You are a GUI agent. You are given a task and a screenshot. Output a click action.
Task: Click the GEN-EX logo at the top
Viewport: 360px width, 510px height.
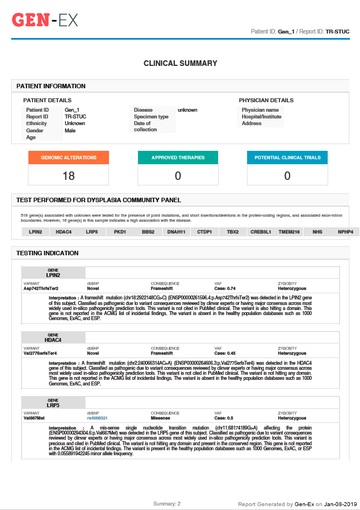[45, 21]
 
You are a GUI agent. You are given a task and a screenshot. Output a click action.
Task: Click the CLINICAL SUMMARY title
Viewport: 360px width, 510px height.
[180, 64]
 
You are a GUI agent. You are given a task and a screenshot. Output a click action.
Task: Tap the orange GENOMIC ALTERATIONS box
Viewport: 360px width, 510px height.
[69, 158]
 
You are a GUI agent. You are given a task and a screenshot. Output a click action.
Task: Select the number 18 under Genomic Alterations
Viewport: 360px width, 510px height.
[69, 176]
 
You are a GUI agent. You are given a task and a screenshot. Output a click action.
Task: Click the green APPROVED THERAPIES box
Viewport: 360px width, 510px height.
[178, 158]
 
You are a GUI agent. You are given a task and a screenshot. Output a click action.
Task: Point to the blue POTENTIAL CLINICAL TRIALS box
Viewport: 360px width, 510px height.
[287, 158]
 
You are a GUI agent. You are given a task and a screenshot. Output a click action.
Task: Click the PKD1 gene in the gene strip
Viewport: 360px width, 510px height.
[120, 232]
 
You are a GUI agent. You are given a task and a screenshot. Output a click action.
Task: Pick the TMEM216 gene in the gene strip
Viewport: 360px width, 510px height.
[289, 232]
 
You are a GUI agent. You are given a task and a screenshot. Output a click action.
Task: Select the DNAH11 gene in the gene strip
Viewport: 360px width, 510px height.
[176, 232]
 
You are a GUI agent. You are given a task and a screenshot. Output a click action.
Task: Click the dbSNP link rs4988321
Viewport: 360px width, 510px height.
[97, 418]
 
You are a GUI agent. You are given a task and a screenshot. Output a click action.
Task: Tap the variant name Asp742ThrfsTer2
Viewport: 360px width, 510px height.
[41, 288]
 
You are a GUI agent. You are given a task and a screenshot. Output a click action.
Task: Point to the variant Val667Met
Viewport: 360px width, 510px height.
[34, 418]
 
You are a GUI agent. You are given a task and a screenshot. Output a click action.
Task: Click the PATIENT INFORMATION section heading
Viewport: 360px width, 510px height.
[51, 86]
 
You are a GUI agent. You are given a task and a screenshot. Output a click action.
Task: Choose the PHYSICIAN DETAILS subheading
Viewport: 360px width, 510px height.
[266, 101]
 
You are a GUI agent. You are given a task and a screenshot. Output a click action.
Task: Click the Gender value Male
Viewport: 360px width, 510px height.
[70, 131]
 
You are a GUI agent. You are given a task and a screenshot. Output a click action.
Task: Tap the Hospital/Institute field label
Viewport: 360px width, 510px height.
[262, 117]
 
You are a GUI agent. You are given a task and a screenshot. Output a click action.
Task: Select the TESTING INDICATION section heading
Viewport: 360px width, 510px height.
[48, 253]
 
